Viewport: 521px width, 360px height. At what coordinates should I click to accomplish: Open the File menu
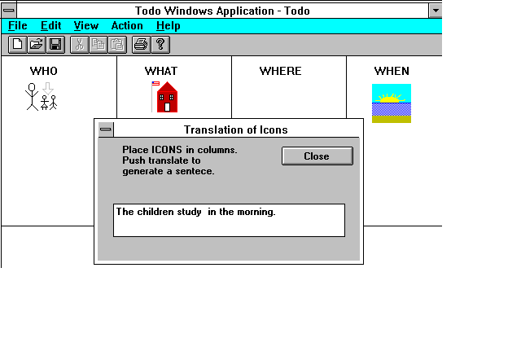[x=18, y=25]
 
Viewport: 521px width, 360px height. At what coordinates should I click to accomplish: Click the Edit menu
[x=50, y=25]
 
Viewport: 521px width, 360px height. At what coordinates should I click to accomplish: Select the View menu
[x=86, y=25]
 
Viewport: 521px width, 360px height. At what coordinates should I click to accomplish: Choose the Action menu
[x=127, y=25]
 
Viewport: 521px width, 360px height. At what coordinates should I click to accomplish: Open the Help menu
[x=169, y=26]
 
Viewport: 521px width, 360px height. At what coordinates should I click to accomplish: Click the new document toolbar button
[x=18, y=45]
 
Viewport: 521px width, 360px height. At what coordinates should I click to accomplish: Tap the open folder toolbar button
[x=37, y=45]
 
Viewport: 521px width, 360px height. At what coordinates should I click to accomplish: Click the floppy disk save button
[x=55, y=45]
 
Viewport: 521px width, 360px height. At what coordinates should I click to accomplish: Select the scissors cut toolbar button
[x=80, y=45]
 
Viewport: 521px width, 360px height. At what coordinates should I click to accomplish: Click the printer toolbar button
[x=141, y=45]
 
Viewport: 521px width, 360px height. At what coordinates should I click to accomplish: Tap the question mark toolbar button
[x=160, y=45]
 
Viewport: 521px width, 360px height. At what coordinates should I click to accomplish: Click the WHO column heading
[x=43, y=71]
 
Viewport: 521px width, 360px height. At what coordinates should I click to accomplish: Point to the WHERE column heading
[x=280, y=71]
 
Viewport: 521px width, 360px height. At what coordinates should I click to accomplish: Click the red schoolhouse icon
[x=164, y=97]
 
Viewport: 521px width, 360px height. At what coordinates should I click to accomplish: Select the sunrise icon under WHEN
[x=392, y=103]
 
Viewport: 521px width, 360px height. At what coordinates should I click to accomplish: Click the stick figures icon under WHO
[x=42, y=96]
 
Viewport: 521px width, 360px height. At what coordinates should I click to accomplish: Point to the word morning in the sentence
[x=256, y=212]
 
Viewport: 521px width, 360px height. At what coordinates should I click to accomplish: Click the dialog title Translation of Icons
[x=236, y=130]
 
